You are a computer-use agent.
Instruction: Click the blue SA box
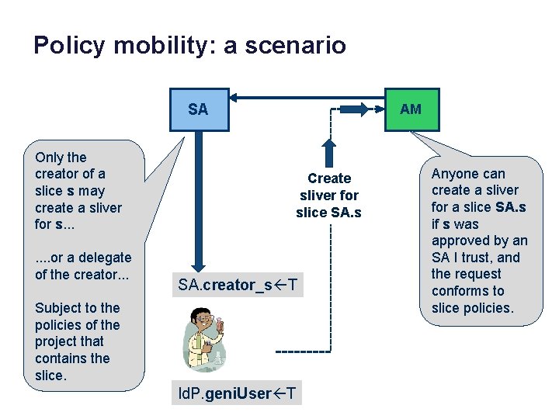point(198,109)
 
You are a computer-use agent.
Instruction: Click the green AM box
point(411,109)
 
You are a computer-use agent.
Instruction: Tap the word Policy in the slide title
point(68,45)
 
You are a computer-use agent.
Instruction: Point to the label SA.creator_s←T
point(237,285)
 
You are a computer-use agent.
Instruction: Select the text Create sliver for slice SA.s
point(329,196)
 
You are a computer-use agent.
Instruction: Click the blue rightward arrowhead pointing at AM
point(362,109)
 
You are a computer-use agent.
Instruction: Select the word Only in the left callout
point(50,158)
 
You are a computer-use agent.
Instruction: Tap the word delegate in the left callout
point(104,258)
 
